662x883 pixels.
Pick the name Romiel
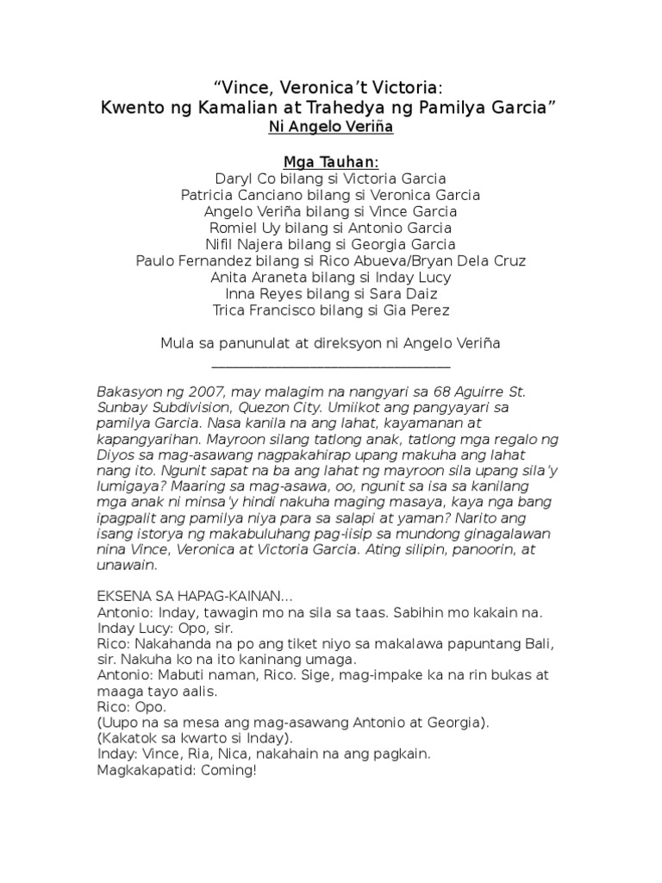tap(236, 228)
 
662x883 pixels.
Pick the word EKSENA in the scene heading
tap(127, 596)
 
